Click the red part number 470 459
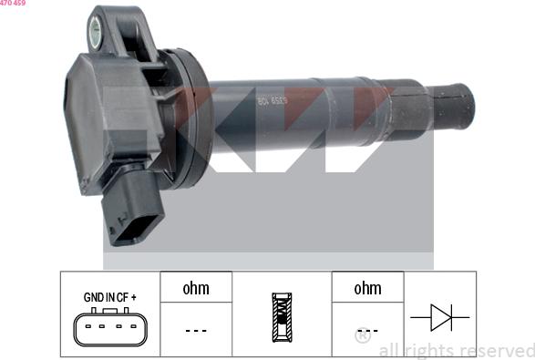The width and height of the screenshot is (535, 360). coord(13,4)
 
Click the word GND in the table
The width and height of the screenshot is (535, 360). coord(94,297)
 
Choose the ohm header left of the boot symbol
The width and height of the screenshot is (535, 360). coord(196,288)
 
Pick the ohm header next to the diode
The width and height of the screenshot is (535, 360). coord(367,288)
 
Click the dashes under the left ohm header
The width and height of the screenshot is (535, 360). coord(196,331)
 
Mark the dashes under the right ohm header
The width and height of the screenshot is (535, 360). coord(367,331)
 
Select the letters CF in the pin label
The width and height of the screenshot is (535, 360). coord(122,297)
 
